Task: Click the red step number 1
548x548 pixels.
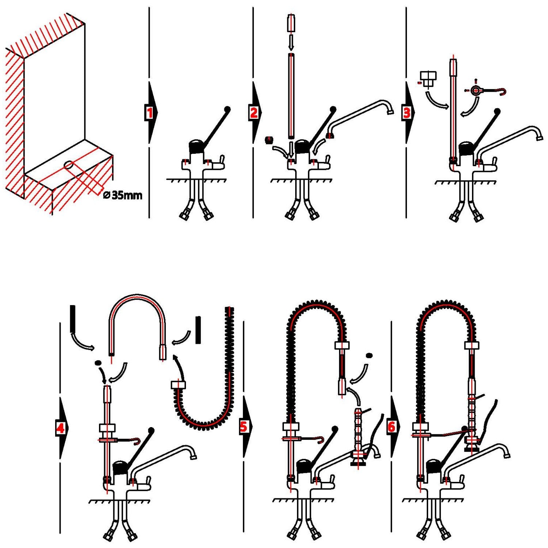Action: (x=149, y=113)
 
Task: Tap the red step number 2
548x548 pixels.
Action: (x=254, y=113)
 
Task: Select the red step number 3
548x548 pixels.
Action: (x=407, y=113)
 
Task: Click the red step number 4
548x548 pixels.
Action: (x=61, y=427)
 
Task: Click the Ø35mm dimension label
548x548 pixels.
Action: (x=123, y=195)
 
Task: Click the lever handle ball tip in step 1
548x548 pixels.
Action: (x=228, y=109)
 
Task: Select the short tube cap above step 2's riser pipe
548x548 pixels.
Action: (x=291, y=23)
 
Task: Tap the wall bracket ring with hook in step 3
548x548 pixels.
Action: (x=476, y=90)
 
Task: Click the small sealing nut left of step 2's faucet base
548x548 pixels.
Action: (x=269, y=140)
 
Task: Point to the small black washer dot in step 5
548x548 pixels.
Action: (x=369, y=355)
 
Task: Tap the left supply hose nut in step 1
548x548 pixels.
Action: (x=184, y=215)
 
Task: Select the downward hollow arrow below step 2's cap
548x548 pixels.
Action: (x=291, y=42)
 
